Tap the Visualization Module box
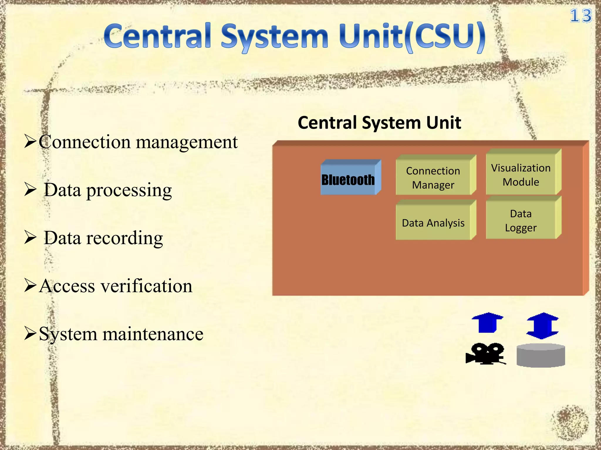(x=521, y=175)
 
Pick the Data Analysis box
(x=433, y=223)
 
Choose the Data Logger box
(x=521, y=221)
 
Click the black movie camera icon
(x=486, y=354)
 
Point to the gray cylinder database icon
(x=541, y=355)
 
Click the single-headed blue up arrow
(x=487, y=323)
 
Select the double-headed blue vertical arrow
(x=543, y=325)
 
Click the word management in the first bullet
(x=187, y=143)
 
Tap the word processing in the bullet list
(x=129, y=191)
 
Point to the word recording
(x=124, y=238)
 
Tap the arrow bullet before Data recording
(x=30, y=238)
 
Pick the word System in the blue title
(x=274, y=37)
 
